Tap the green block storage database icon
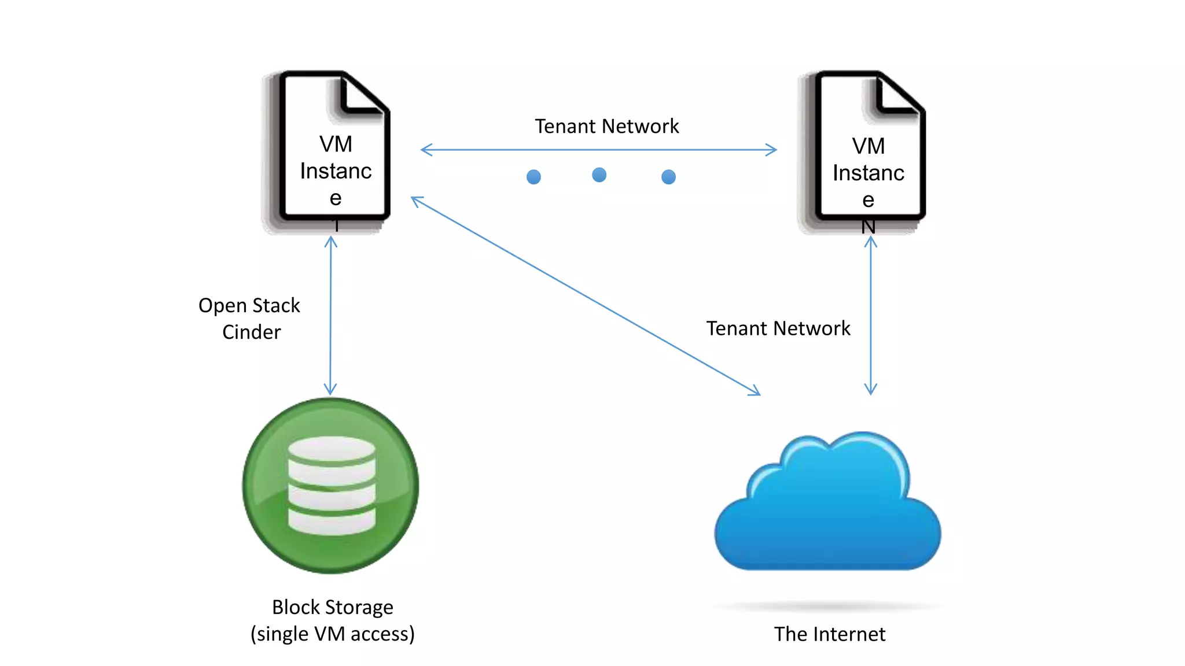331,486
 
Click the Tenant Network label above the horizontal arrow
606,126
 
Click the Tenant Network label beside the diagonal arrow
778,328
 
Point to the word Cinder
251,332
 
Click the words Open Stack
249,305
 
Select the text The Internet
829,634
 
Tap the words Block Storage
333,607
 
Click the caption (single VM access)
333,634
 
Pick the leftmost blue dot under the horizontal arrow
533,177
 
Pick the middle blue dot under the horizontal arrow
599,175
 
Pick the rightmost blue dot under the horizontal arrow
668,177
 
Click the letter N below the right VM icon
868,227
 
